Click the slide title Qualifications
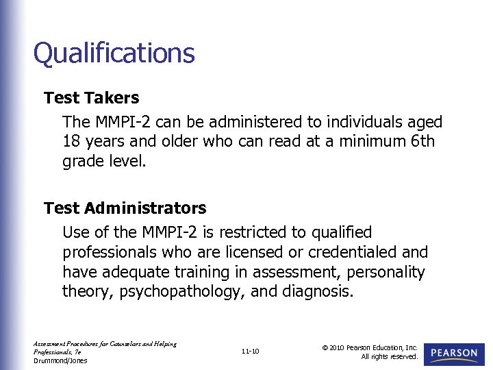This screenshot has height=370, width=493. coord(114,53)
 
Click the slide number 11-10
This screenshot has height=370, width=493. coord(251,351)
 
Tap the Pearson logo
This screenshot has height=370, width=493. coord(454,353)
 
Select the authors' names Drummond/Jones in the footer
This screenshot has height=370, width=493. coord(60,360)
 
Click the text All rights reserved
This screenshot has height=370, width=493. coord(390,356)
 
